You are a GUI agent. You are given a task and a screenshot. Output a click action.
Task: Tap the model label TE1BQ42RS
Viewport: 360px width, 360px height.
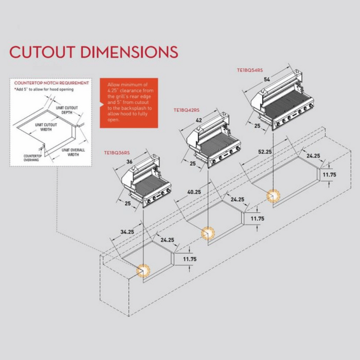click(x=187, y=110)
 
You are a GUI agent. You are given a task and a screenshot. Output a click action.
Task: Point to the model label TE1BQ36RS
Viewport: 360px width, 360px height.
click(x=117, y=153)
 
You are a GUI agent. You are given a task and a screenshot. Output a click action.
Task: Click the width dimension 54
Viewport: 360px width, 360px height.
click(x=266, y=80)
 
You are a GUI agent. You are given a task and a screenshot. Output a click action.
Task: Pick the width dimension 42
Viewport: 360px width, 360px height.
click(x=199, y=120)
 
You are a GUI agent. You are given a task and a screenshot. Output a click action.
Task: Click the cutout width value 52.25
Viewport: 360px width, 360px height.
click(x=264, y=152)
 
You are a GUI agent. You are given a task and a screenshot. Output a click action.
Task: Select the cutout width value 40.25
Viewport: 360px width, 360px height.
click(x=194, y=192)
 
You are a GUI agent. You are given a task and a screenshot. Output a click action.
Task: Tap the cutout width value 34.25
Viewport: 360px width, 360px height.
click(x=127, y=232)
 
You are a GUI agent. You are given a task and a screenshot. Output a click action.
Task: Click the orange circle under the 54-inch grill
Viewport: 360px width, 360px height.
click(x=273, y=196)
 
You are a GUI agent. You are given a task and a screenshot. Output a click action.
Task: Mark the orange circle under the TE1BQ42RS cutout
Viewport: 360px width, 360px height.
click(x=207, y=233)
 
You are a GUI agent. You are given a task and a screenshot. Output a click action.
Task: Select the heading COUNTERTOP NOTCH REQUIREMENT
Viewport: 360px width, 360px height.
click(x=51, y=82)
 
